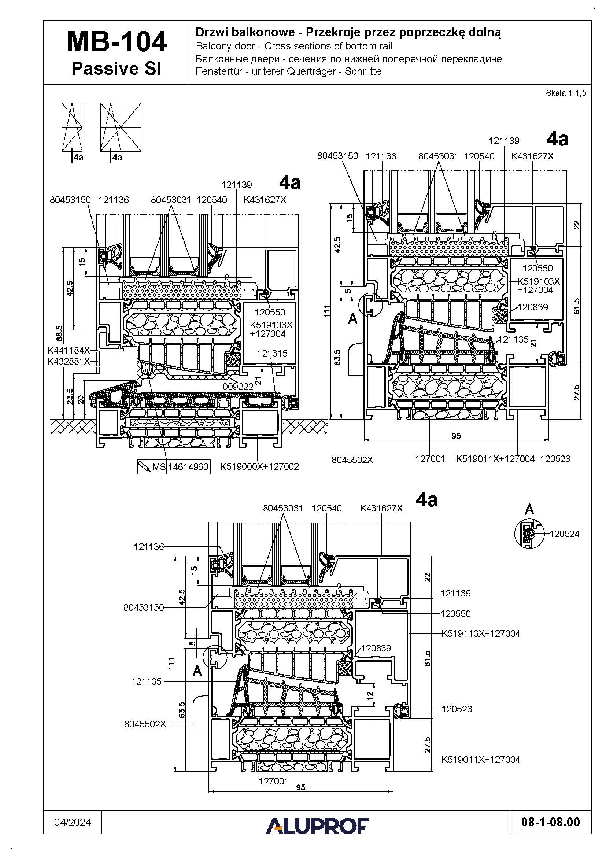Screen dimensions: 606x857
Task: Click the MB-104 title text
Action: tap(117, 42)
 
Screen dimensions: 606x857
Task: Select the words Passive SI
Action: tap(116, 69)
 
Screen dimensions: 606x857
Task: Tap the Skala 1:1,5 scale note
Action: tap(566, 93)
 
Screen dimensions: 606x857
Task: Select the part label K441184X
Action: tap(69, 351)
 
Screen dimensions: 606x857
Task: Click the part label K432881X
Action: tap(69, 361)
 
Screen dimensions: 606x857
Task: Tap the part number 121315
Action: tap(272, 353)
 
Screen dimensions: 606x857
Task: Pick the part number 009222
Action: tap(238, 387)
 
